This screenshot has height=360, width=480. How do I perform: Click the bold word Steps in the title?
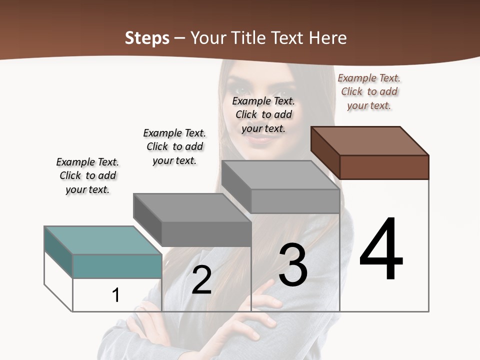[x=147, y=38]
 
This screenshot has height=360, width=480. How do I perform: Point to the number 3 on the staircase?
[x=293, y=265]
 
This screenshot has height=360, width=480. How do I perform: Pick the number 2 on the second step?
[x=201, y=280]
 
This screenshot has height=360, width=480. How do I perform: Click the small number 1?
[x=116, y=295]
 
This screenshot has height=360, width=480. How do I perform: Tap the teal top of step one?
[x=102, y=240]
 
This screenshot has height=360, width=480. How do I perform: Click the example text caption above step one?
[x=87, y=175]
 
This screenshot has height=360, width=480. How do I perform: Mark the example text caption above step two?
[x=174, y=146]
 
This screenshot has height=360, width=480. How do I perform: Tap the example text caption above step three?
[x=263, y=114]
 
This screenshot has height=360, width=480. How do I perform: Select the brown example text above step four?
[x=369, y=91]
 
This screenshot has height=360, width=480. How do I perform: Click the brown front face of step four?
[x=384, y=167]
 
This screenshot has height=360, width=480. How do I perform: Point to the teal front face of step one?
[x=117, y=266]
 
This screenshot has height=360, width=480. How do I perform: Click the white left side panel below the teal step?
[x=58, y=280]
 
